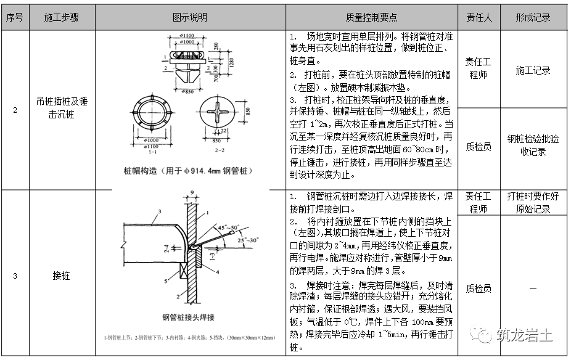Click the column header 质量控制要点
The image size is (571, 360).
coord(372,18)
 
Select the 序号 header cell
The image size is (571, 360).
coord(14,18)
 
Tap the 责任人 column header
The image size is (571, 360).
coord(479,18)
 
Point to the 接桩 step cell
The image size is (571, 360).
coord(62,276)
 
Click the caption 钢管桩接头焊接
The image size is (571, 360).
coord(188,318)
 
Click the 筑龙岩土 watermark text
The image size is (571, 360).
coord(524,335)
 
